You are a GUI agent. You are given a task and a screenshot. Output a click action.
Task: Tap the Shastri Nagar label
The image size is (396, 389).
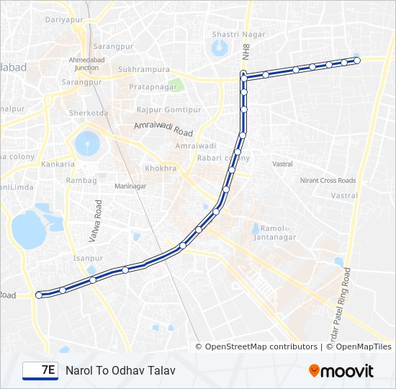pyautogui.click(x=238, y=34)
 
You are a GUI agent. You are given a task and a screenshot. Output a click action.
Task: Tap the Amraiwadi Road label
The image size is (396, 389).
pyautogui.click(x=163, y=129)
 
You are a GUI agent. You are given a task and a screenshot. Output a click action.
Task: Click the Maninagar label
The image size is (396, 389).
pyautogui.click(x=130, y=186)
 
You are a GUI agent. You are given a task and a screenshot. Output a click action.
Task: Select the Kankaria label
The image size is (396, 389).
pyautogui.click(x=58, y=164)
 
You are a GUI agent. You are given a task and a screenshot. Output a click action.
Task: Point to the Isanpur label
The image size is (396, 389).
pyautogui.click(x=88, y=257)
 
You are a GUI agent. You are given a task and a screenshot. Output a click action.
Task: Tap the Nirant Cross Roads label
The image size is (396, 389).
pyautogui.click(x=328, y=181)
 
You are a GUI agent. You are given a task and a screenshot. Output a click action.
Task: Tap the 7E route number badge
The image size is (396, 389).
pyautogui.click(x=40, y=370)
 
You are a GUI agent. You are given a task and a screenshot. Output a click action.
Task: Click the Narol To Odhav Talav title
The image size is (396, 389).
pyautogui.click(x=120, y=370)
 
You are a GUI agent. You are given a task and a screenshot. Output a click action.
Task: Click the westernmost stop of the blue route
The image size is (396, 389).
pyautogui.click(x=39, y=294)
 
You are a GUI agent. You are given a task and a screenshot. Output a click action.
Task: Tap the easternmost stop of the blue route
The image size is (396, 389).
pyautogui.click(x=356, y=60)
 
